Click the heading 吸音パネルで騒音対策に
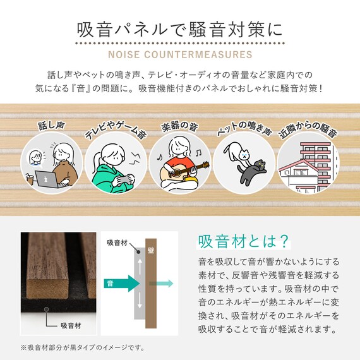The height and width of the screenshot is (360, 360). pos(180,30)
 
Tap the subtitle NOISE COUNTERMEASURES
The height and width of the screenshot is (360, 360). pos(180,54)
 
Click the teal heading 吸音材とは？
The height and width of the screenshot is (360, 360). pos(244,242)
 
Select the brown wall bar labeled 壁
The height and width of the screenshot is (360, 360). pos(151,284)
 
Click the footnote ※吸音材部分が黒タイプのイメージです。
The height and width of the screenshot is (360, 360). pos(82,348)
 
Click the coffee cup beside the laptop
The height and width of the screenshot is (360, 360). pos(30,181)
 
